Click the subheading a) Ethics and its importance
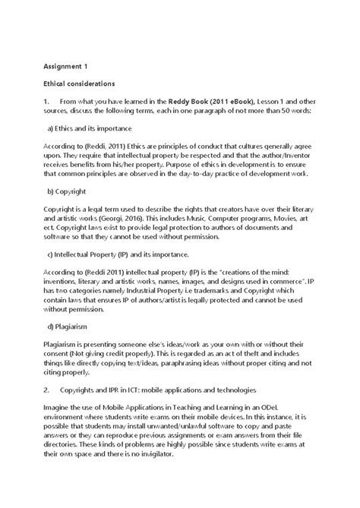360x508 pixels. click(89, 128)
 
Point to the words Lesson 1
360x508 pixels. click(276, 101)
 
